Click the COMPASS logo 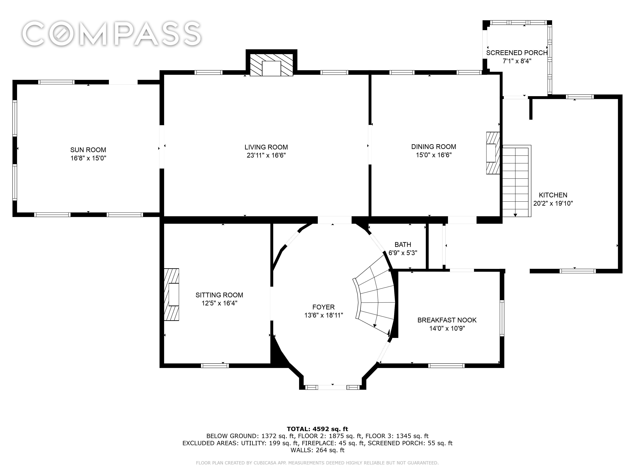pos(111,34)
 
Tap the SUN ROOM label pos(88,150)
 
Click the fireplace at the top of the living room pos(271,65)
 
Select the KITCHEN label pos(553,195)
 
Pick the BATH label pos(403,245)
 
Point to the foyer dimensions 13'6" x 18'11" pos(324,315)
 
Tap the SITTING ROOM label pos(219,295)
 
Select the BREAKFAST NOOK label pos(447,320)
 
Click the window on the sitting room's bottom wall pos(215,366)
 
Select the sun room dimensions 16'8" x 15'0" pos(88,158)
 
